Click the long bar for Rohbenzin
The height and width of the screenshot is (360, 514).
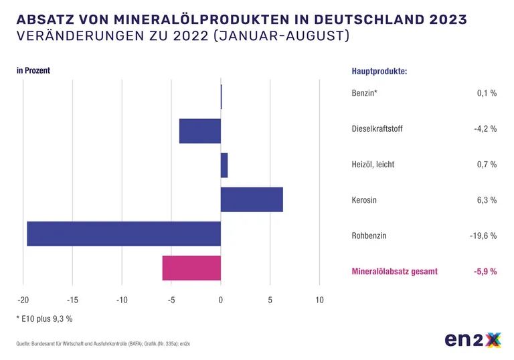pos(124,234)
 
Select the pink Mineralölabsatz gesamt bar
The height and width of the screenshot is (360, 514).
pos(191,268)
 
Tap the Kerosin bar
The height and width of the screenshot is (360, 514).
pos(252,199)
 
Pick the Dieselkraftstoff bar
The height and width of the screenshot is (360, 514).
pos(200,131)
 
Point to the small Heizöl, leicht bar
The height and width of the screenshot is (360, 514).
pos(224,165)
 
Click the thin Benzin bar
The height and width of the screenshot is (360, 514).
pos(222,97)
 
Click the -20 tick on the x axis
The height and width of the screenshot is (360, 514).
pos(23,300)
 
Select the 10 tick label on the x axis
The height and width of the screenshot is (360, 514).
pos(319,300)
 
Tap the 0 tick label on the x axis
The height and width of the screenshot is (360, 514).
pos(221,300)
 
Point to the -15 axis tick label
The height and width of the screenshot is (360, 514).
pos(72,300)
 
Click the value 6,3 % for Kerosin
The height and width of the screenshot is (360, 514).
pos(486,199)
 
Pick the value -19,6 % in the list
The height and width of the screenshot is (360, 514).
pos(483,236)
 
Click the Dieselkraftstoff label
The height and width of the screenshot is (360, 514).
pos(377,128)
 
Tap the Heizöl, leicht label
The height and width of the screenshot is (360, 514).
pos(373,164)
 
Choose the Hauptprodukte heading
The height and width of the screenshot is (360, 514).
pos(379,71)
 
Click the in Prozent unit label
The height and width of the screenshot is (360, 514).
pos(33,70)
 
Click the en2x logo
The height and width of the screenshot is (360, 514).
pos(473,340)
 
